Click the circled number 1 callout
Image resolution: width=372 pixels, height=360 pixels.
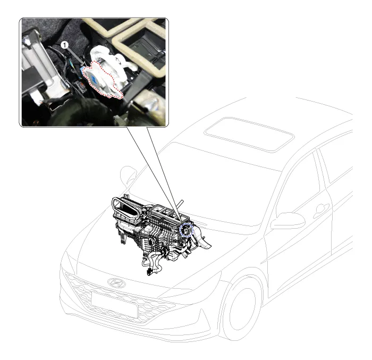(x=64, y=45)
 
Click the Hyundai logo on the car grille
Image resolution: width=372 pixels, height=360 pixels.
(x=116, y=282)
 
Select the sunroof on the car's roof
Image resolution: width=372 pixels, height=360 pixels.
(x=249, y=134)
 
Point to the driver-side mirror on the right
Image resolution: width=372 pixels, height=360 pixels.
(x=288, y=221)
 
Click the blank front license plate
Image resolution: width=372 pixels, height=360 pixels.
(x=114, y=305)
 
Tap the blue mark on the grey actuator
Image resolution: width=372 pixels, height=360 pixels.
(x=95, y=78)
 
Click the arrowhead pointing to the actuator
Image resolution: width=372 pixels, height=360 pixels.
(x=83, y=64)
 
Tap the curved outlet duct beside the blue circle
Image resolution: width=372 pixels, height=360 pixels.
(x=201, y=240)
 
